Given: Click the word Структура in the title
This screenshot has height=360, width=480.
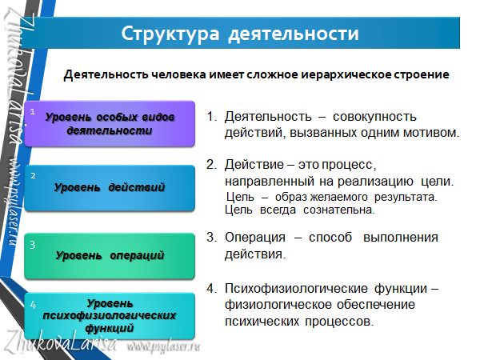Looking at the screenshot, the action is [x=170, y=34].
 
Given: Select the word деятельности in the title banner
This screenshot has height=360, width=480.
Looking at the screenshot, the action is [x=294, y=34].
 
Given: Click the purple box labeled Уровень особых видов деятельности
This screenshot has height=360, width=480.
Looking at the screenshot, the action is [x=110, y=124].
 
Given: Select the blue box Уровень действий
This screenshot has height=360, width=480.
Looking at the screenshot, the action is [x=110, y=188].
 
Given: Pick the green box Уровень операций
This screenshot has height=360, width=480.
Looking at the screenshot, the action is [x=110, y=256].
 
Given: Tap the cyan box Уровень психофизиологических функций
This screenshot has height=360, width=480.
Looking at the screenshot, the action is [x=110, y=316].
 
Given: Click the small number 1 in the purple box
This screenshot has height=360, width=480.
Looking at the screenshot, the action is [x=33, y=112].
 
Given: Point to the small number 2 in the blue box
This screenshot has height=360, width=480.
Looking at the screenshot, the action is [x=33, y=176].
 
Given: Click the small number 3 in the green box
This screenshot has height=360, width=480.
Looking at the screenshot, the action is [x=33, y=245].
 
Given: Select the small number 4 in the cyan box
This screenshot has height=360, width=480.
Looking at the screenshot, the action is [x=33, y=305].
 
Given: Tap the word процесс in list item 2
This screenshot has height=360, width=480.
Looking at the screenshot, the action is [x=349, y=166].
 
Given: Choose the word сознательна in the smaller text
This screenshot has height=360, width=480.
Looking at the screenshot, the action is [x=339, y=210].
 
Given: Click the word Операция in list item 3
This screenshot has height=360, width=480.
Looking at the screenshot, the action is [x=255, y=238].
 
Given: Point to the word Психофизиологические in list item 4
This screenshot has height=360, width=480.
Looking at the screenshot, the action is [x=296, y=289].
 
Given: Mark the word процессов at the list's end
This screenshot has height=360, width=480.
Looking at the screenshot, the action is [x=339, y=322].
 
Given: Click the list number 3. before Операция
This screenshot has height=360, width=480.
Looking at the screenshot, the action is [x=211, y=238].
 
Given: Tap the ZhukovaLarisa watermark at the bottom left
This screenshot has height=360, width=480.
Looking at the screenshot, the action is [x=62, y=342].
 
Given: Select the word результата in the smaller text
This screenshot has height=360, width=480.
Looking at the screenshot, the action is [x=406, y=197].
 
